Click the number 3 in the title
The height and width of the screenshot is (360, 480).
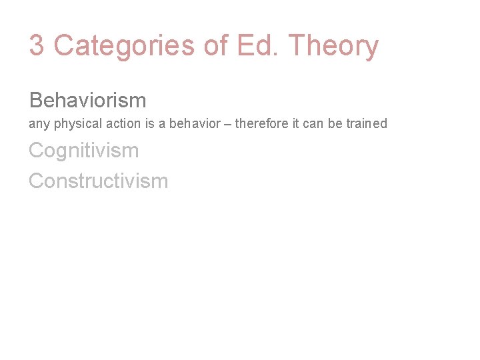click(37, 46)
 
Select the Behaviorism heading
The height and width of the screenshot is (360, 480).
click(87, 101)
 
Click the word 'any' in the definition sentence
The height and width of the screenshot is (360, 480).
click(38, 124)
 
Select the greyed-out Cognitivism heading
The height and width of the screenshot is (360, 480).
click(84, 151)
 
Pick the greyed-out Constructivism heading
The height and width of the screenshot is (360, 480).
click(98, 181)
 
